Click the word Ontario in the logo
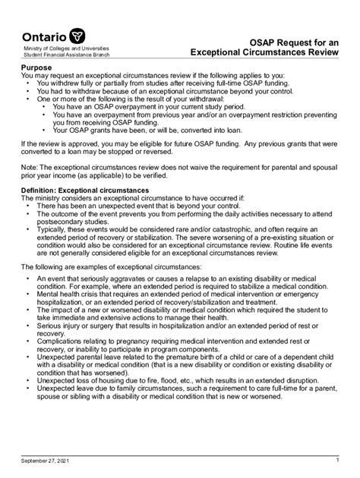click(x=43, y=37)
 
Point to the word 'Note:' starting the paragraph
click(x=31, y=167)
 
